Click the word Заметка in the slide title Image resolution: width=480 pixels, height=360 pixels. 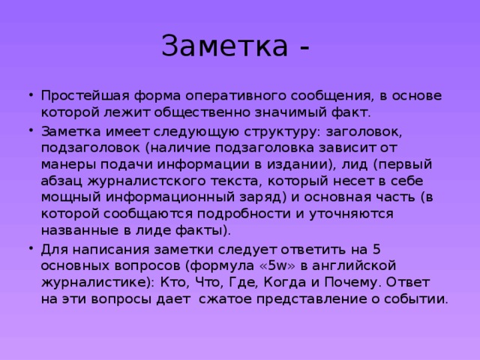pyautogui.click(x=225, y=46)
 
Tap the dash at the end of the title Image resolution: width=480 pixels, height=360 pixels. pyautogui.click(x=304, y=48)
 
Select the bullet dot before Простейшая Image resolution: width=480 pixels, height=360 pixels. pyautogui.click(x=31, y=94)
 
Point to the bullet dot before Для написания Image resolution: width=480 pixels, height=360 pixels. pyautogui.click(x=31, y=247)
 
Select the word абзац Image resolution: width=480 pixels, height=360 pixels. pyautogui.click(x=61, y=181)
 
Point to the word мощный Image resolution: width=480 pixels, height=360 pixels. pyautogui.click(x=70, y=198)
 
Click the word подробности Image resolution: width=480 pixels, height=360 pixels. pyautogui.click(x=243, y=214)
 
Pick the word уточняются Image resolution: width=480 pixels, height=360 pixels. pyautogui.click(x=351, y=214)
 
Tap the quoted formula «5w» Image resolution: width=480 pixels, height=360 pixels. pyautogui.click(x=277, y=265)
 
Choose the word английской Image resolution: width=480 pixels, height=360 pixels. pyautogui.click(x=354, y=265)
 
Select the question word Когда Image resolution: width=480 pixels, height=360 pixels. pyautogui.click(x=285, y=282)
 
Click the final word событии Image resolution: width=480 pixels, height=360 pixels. pyautogui.click(x=416, y=298)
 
